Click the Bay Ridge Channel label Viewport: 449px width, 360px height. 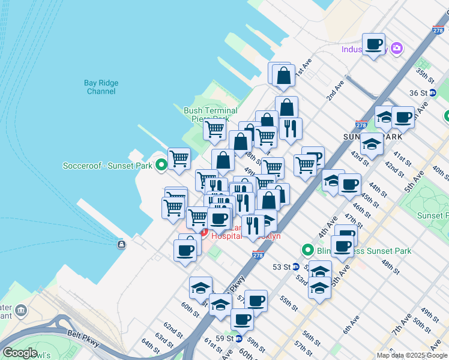pyautogui.click(x=101, y=87)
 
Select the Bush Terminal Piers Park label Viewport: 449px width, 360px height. pyautogui.click(x=210, y=115)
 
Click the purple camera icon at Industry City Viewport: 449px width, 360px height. pyautogui.click(x=396, y=48)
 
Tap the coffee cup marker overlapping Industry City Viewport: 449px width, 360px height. pyautogui.click(x=374, y=44)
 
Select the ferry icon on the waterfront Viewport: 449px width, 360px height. pyautogui.click(x=122, y=244)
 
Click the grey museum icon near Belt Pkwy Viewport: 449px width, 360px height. pyautogui.click(x=22, y=311)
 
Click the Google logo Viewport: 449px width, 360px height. pyautogui.click(x=20, y=353)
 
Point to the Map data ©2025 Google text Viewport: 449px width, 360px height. pyautogui.click(x=411, y=355)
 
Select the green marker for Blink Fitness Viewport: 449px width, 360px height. pyautogui.click(x=308, y=250)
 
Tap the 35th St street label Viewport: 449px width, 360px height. pyautogui.click(x=424, y=76)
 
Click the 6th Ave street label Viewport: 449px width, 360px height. pyautogui.click(x=351, y=328)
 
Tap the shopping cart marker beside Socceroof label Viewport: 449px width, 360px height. pyautogui.click(x=179, y=160)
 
